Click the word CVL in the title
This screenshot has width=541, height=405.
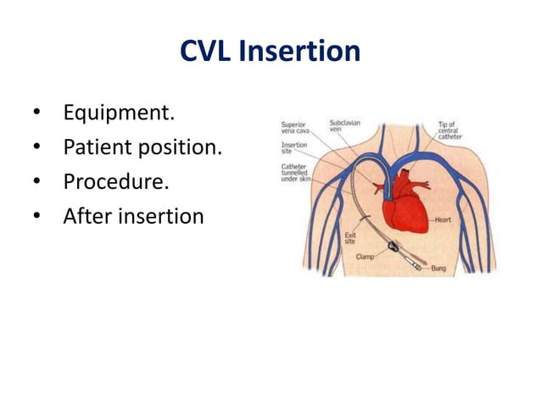(x=206, y=53)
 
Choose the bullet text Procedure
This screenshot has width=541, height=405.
(x=115, y=181)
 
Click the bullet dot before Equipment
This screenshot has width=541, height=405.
(x=36, y=114)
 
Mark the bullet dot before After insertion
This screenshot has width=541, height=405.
(x=36, y=217)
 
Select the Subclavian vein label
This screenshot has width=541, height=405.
(x=345, y=125)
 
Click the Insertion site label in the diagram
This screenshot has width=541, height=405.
(x=295, y=149)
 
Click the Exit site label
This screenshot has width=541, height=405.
(x=349, y=237)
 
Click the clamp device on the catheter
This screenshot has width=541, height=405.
(x=394, y=249)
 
